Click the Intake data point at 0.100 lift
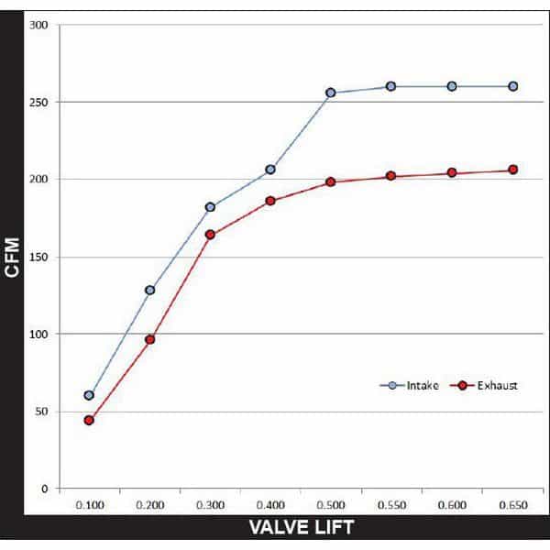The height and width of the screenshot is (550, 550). coord(89,395)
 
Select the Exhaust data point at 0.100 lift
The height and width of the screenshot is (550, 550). coord(89,420)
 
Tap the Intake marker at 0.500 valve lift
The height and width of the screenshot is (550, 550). coord(330,93)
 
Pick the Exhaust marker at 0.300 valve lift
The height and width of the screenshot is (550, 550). coord(210,235)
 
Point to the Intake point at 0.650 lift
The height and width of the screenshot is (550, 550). coord(513,86)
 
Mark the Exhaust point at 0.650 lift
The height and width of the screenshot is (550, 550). coord(513,170)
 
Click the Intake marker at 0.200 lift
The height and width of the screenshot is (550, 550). coord(149,290)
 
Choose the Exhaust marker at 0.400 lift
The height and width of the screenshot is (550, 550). coord(270,201)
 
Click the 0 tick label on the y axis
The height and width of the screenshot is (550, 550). coord(44,489)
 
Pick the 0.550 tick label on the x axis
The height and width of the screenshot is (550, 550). coord(392,505)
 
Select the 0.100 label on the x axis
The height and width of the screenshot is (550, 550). coord(89,505)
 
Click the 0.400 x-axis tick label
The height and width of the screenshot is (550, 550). coord(270,505)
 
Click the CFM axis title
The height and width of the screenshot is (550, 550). coord(12,257)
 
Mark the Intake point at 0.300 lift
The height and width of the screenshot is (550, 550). coord(210,207)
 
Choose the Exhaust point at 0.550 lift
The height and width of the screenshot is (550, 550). coord(390,176)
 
